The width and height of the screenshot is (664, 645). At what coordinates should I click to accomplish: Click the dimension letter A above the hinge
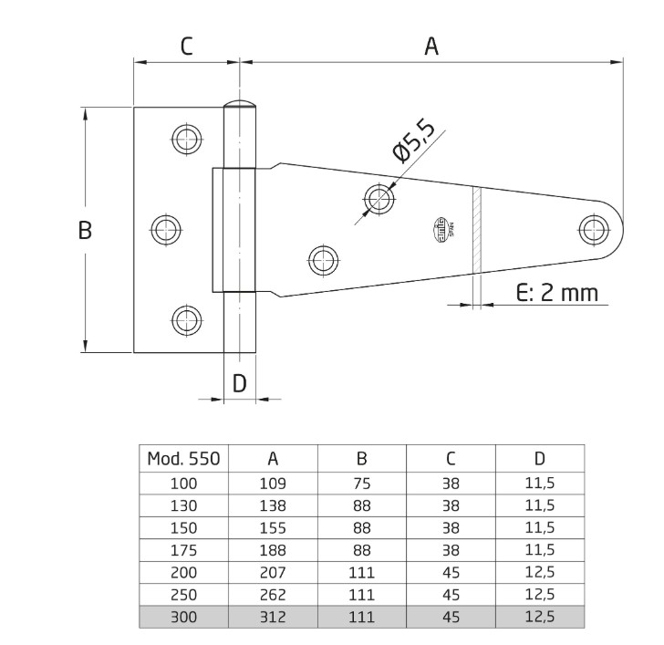pos(431,47)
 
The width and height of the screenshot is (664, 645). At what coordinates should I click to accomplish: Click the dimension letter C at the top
pos(186,47)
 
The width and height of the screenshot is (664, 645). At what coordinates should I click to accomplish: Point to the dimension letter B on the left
pos(84,231)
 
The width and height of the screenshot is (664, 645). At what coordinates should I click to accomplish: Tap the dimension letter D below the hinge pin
pos(239,383)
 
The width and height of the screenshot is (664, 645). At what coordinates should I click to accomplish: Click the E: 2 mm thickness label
pos(556,292)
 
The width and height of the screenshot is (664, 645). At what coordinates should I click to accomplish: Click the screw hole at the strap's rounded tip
pos(595,227)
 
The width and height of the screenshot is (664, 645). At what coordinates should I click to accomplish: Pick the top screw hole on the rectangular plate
pos(186,139)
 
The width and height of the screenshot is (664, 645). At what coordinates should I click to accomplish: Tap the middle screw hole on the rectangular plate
pos(165,229)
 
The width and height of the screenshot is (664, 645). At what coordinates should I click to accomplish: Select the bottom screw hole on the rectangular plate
pos(186,319)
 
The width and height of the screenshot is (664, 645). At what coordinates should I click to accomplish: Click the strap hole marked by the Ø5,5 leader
pos(379,197)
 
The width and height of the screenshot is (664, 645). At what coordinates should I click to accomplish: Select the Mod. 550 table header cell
pos(183,459)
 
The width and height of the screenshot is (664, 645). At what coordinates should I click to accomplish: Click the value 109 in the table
pos(273,484)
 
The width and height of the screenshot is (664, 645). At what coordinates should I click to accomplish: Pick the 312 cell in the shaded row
pos(273,617)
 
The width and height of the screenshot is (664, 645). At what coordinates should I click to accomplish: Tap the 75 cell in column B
pos(361,484)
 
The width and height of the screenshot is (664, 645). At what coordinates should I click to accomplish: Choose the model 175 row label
pos(183,550)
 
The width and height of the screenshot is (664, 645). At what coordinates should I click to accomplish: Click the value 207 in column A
pos(273,572)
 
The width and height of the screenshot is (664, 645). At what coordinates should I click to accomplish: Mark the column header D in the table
pos(539,459)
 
